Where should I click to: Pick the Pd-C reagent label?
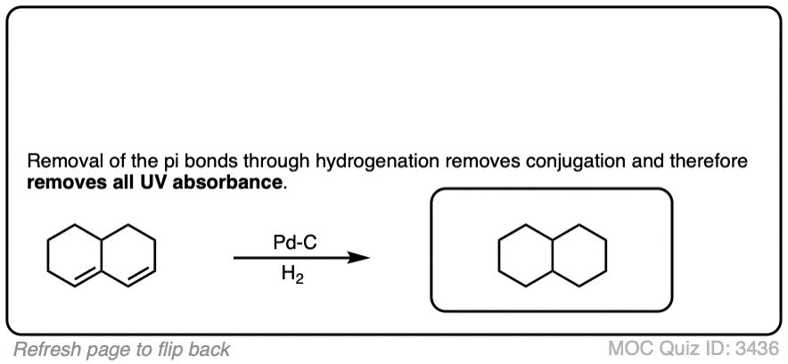coord(291,242)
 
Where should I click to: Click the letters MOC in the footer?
coord(628,349)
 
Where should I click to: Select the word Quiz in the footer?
coord(677,349)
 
